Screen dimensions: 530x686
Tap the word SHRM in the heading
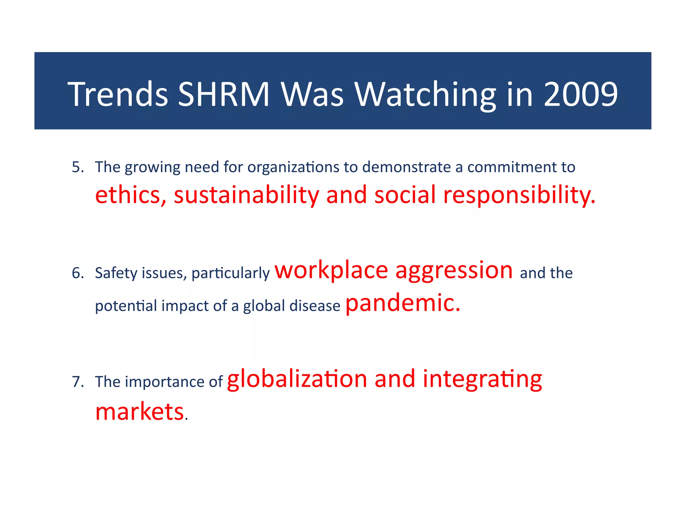point(223,94)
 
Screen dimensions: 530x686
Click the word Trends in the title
point(118,94)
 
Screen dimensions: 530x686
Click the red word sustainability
point(246,195)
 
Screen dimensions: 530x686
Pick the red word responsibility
point(519,195)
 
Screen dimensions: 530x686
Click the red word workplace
point(331,271)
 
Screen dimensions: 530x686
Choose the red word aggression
point(454,271)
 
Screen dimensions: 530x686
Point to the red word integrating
point(482,379)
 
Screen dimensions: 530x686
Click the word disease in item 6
point(315,306)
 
